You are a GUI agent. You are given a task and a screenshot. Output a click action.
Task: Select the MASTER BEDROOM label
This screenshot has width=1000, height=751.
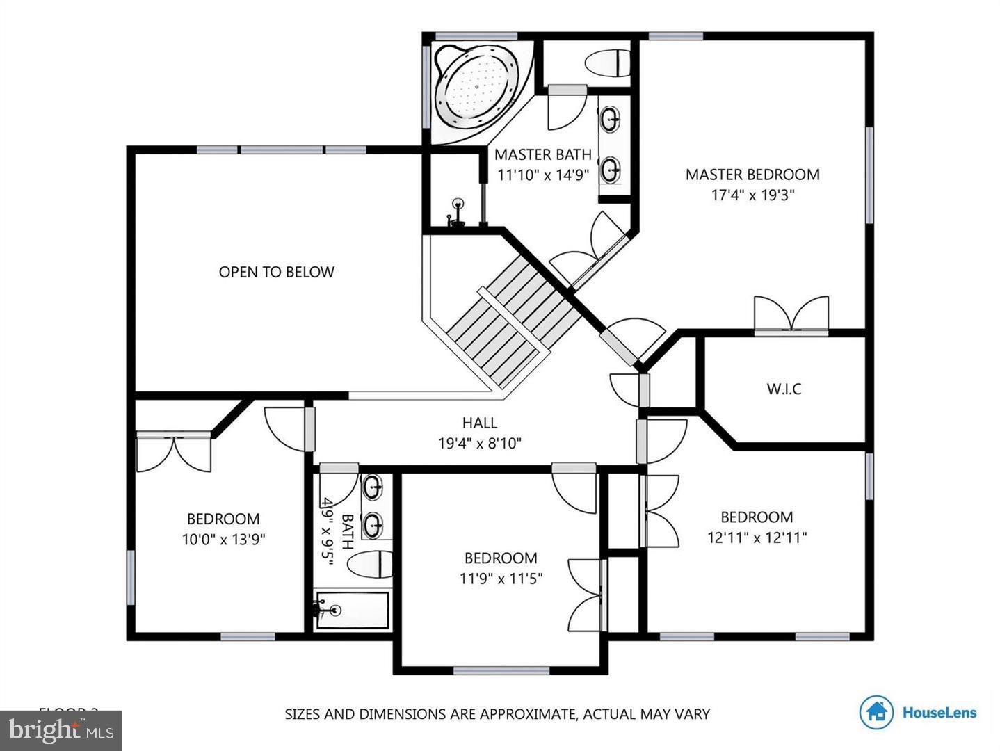[x=752, y=175]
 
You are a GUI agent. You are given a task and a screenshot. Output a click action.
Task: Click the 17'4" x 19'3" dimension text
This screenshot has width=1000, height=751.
[x=752, y=195]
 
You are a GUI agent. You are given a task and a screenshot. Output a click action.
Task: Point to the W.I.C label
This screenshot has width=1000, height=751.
[x=784, y=389]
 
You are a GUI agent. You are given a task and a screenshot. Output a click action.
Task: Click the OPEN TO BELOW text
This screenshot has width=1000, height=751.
[x=276, y=272]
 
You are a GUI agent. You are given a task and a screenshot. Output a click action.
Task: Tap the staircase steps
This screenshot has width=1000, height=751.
[x=513, y=313]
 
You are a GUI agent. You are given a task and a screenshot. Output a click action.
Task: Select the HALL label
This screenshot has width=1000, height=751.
[x=480, y=423]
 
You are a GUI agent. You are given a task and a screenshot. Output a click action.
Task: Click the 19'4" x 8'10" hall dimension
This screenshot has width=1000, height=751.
[x=480, y=443]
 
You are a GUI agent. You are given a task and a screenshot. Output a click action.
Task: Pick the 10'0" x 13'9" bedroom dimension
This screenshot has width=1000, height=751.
[x=224, y=539]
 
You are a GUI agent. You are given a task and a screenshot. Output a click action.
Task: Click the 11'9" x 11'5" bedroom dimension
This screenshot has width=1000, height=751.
[x=501, y=578]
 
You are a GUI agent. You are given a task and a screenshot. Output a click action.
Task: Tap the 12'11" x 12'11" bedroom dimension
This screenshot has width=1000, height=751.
[x=757, y=537]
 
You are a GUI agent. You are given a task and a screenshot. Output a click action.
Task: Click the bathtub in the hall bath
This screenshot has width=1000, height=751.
[x=352, y=611]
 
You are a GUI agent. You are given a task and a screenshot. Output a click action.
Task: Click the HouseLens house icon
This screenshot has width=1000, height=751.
[x=876, y=712]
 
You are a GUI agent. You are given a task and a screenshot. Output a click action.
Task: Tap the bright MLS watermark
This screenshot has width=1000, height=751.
[x=61, y=731]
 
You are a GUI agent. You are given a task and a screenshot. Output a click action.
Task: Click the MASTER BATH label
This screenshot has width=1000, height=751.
[x=542, y=154]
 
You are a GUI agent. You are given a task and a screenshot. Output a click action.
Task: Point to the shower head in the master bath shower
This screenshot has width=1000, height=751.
[x=458, y=204]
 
